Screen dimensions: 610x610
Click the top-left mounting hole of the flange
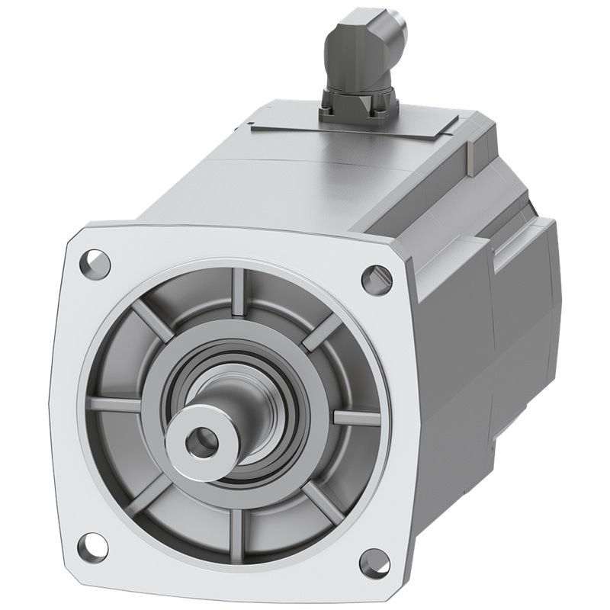tap(95, 263)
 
